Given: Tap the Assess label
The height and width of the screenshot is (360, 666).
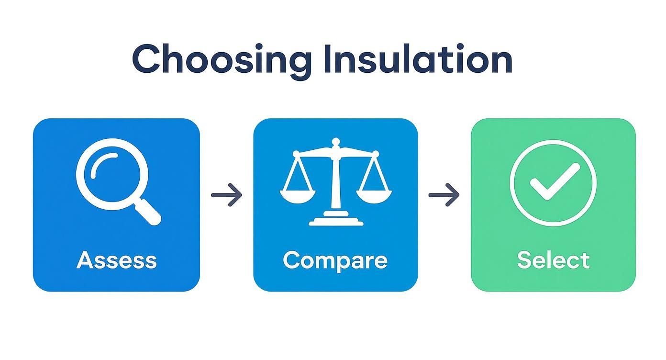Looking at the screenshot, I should tap(117, 260).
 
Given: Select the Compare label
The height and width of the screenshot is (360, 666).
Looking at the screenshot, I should tap(335, 260).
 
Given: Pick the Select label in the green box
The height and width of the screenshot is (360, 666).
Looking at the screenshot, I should tap(554, 260).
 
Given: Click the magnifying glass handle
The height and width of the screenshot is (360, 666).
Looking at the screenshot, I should tap(149, 212).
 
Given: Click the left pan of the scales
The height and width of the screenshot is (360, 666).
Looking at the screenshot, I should tap(298, 195).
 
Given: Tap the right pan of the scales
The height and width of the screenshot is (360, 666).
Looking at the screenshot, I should tap(374, 195).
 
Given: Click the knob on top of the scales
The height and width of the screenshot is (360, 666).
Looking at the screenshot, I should tap(336, 142).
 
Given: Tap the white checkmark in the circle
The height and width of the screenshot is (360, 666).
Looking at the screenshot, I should tap(554, 181).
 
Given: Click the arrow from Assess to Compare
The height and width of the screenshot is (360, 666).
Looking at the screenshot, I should tap(227, 195).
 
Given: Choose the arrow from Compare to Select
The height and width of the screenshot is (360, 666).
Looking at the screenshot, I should tap(444, 195).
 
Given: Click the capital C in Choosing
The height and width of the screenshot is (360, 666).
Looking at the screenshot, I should tap(146, 60).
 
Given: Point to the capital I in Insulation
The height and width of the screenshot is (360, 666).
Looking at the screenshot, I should tap(328, 59).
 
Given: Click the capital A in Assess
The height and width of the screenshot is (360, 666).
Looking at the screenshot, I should tap(85, 260).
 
